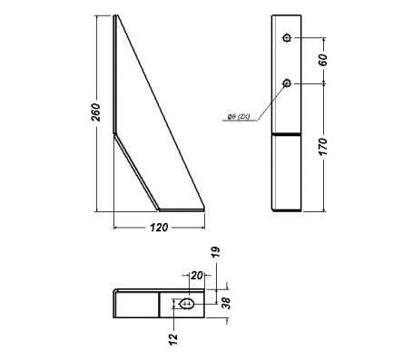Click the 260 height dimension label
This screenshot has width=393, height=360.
pos(96,112)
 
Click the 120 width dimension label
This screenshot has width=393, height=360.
pos(159,228)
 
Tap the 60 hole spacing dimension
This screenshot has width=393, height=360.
pos(323,60)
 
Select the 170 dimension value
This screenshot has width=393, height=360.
pos(323,147)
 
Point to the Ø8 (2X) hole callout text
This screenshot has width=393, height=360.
pos(239,116)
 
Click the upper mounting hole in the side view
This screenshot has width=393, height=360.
pos(287,38)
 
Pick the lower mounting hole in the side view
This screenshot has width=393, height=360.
pos(287,83)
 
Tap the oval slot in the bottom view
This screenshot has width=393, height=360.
pos(186,304)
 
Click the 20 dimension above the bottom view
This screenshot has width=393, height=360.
pos(196,276)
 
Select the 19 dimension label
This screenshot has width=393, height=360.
pos(215,252)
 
